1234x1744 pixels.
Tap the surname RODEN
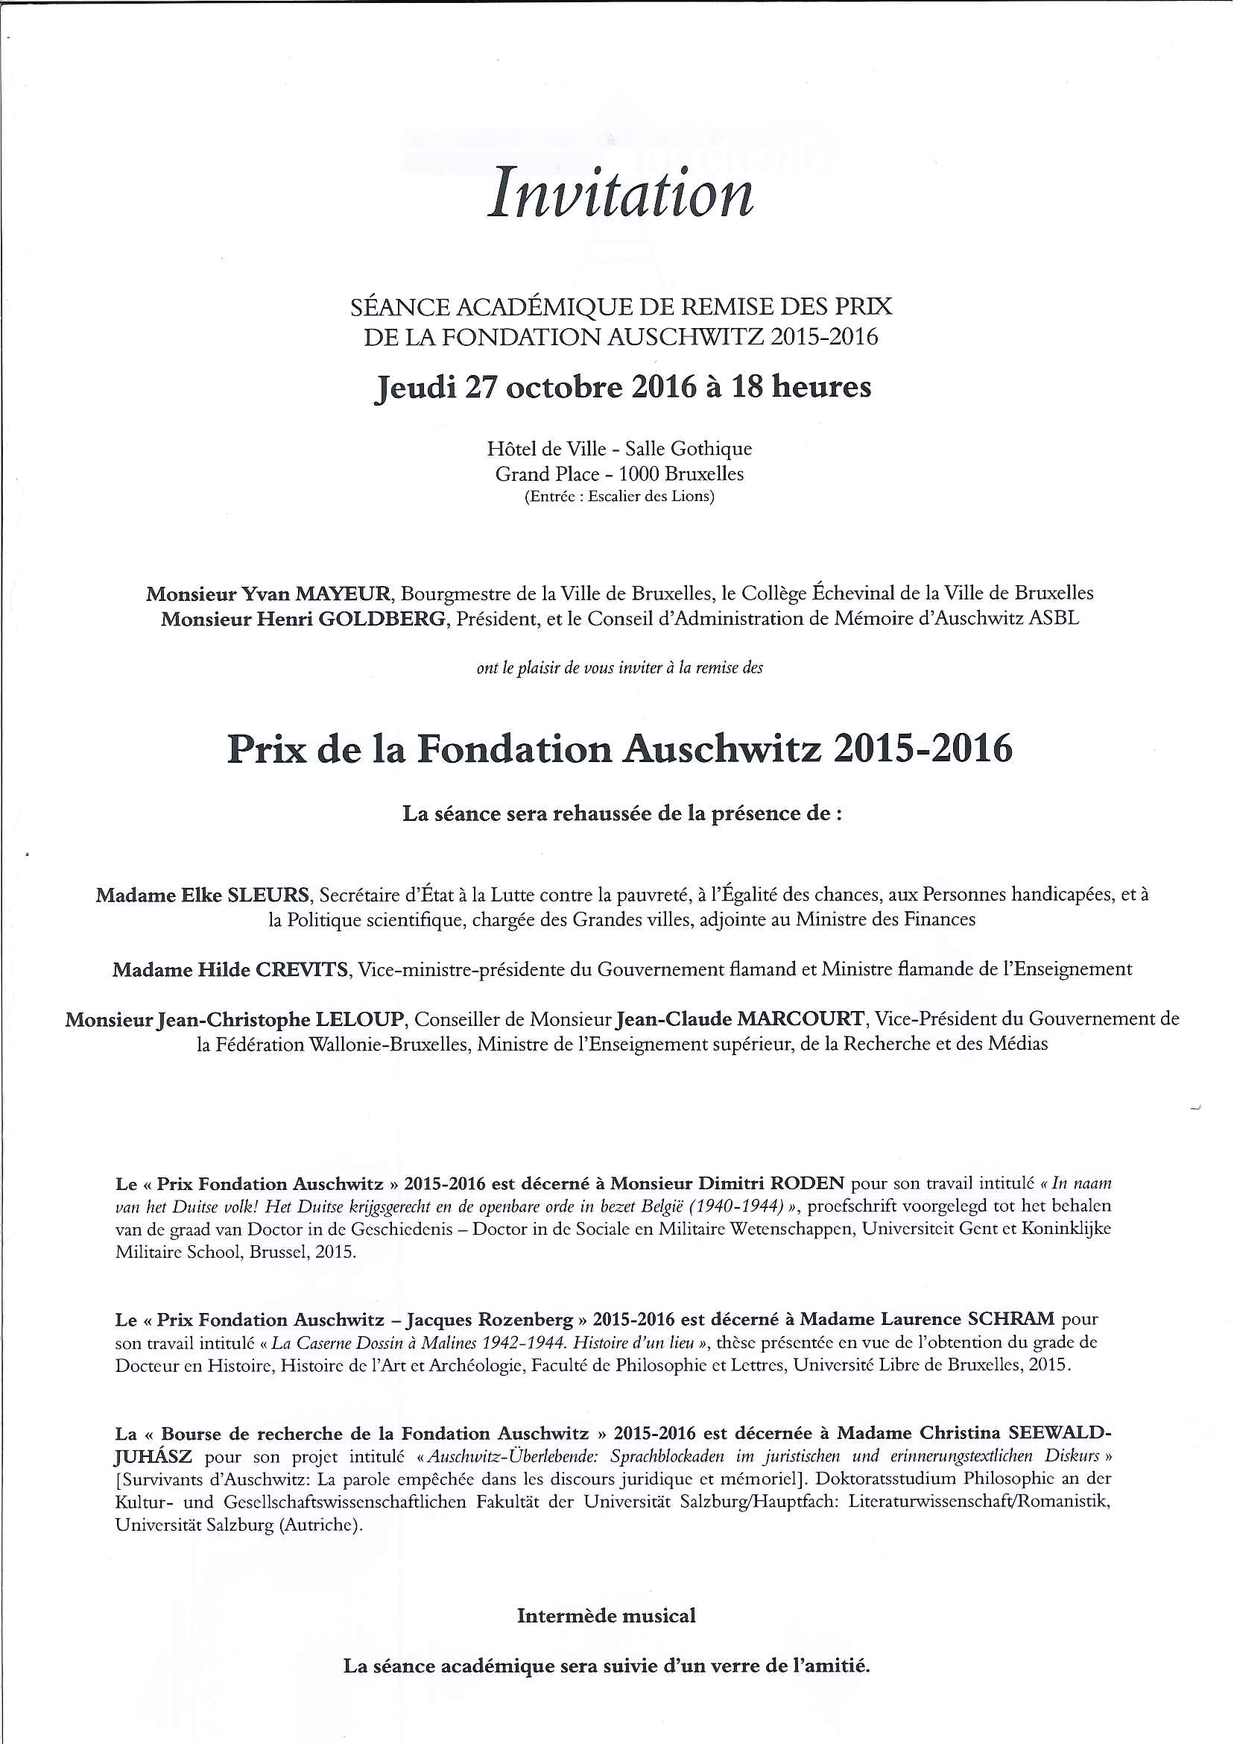coord(807,1184)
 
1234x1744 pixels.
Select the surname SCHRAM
coord(1011,1319)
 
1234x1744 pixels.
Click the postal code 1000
coord(639,474)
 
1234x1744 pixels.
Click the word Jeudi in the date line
coord(415,388)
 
